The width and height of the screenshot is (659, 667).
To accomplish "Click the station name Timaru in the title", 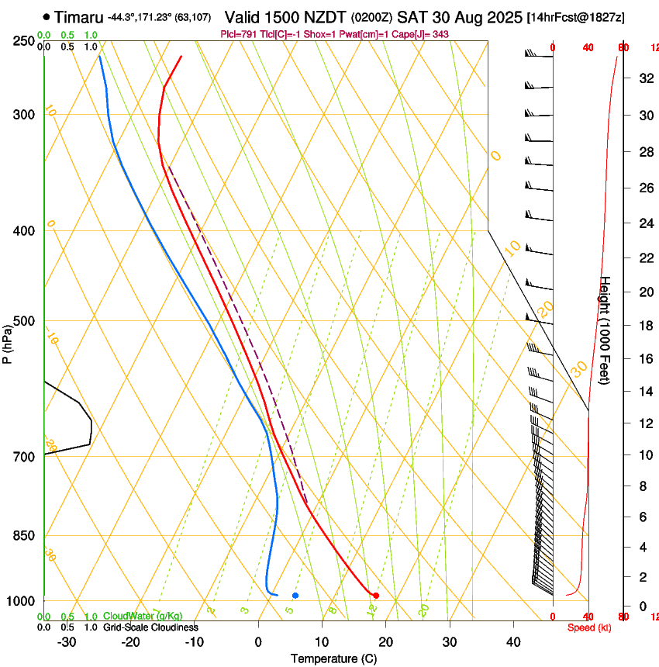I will [x=78, y=16].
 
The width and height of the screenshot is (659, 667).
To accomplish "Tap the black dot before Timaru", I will [x=47, y=16].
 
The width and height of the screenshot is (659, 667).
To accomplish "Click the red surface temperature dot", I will [x=376, y=596].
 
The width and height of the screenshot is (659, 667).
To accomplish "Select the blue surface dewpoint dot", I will [x=295, y=596].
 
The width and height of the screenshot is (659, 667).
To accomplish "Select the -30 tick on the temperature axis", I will [x=67, y=642].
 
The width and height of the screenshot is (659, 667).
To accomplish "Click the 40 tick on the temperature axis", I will [x=513, y=642].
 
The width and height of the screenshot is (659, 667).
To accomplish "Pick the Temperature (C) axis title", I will [x=333, y=658].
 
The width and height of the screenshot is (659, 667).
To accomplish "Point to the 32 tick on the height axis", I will [x=645, y=78].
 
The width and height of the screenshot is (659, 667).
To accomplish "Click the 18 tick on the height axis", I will [x=645, y=326].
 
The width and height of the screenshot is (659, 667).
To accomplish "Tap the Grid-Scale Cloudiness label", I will [x=150, y=627].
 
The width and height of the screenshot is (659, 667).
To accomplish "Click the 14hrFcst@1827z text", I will [x=575, y=17].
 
